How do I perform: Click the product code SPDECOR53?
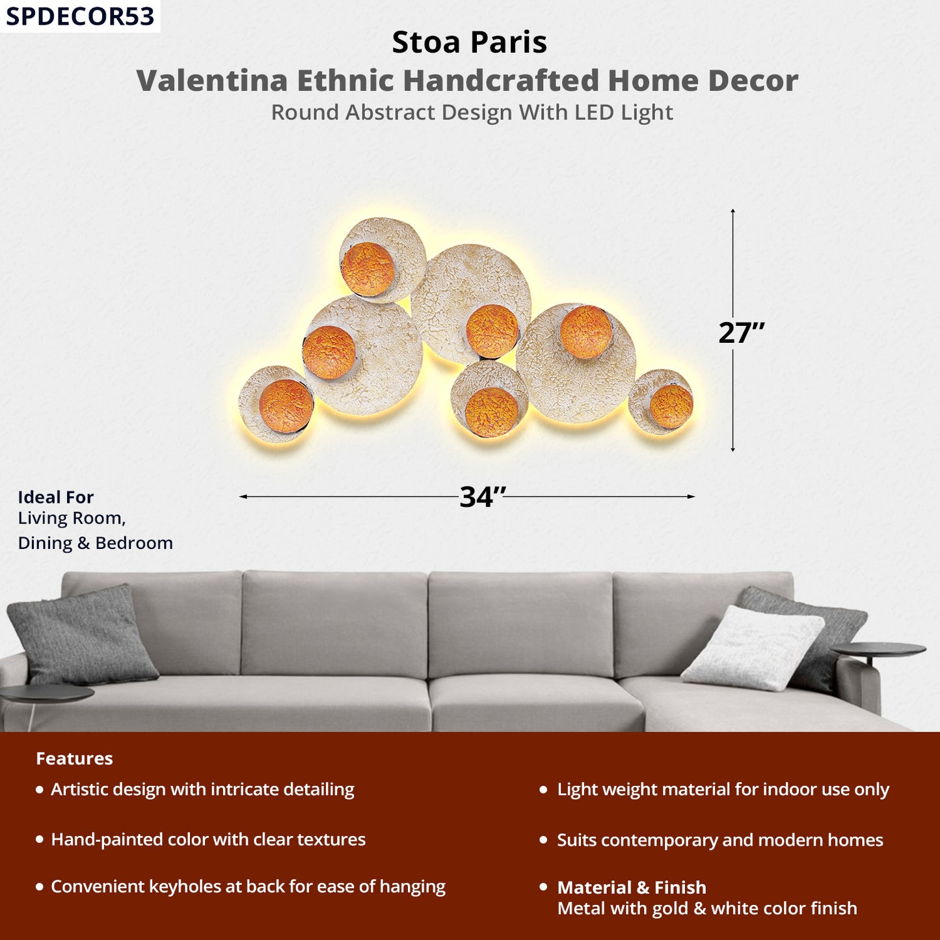[x=80, y=16]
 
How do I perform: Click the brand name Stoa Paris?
[x=469, y=42]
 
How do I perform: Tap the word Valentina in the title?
[x=211, y=81]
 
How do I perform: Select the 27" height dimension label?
[x=741, y=333]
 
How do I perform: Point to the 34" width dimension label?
[x=482, y=497]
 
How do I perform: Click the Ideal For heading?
[x=56, y=497]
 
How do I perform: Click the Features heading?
[x=74, y=759]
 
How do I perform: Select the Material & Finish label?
[x=632, y=887]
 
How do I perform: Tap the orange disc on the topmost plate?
[x=368, y=269]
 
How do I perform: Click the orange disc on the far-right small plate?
[x=671, y=407]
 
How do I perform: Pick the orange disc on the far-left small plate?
[x=286, y=406]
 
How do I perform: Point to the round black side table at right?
[x=878, y=649]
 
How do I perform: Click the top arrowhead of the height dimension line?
[x=732, y=211]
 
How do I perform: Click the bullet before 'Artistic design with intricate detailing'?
[x=40, y=790]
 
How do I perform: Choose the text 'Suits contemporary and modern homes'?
[x=720, y=840]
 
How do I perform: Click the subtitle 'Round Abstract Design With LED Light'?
[x=472, y=113]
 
